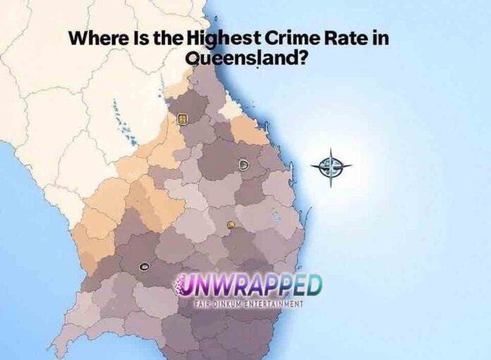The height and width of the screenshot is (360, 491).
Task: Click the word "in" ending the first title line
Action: click(x=381, y=40)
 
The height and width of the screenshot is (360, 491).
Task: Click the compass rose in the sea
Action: click(x=330, y=167)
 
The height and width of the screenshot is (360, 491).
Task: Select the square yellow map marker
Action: click(x=182, y=119)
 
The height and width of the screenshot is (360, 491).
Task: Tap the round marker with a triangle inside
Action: click(x=243, y=164)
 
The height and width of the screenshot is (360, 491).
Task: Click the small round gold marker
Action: click(x=231, y=225)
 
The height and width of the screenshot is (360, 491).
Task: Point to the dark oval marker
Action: click(x=145, y=266)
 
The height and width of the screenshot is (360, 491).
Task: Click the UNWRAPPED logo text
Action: click(x=248, y=287)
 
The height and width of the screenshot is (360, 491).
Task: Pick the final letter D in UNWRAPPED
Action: click(x=313, y=285)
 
